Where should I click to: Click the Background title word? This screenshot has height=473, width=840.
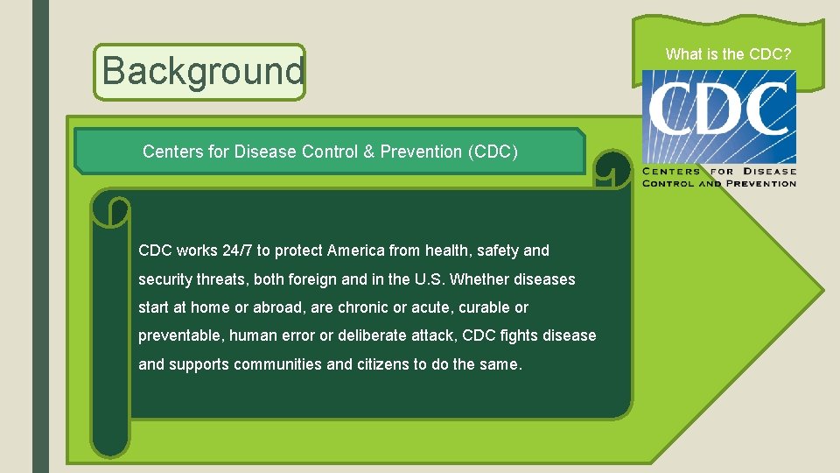click(203, 72)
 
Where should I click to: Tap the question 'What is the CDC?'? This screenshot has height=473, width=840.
click(728, 54)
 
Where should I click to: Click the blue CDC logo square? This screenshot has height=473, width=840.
click(719, 116)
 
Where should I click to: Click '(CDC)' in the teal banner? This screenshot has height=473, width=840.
click(493, 152)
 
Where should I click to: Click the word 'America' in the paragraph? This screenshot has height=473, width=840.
click(355, 251)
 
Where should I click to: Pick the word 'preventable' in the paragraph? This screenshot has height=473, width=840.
click(179, 335)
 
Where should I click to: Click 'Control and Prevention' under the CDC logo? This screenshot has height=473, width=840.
click(719, 183)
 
